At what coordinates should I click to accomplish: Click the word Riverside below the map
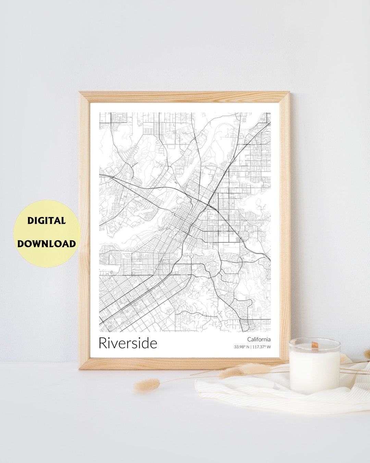(x=128, y=343)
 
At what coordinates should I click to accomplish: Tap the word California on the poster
(x=259, y=339)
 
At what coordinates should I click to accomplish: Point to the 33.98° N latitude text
(x=242, y=347)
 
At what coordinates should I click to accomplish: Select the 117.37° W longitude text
(x=261, y=347)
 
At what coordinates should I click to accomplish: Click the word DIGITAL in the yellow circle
(x=47, y=221)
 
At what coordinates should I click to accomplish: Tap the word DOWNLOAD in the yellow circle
(x=47, y=244)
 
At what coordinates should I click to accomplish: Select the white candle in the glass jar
(x=314, y=369)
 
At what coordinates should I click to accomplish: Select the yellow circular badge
(x=47, y=233)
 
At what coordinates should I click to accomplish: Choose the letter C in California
(x=249, y=339)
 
